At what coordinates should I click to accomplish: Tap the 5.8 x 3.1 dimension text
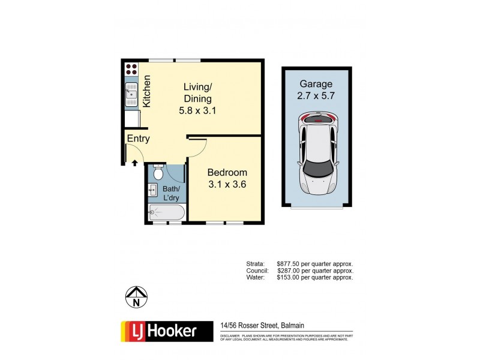point(197,110)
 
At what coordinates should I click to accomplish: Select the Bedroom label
point(227,173)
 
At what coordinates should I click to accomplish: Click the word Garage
point(316,84)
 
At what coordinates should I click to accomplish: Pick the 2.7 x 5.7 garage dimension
point(316,95)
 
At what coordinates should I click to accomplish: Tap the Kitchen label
point(146,91)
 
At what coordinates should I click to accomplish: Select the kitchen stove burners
point(131,72)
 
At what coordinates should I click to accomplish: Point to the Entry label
point(138,139)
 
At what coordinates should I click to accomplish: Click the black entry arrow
point(135,162)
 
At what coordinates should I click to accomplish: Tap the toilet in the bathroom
point(158,173)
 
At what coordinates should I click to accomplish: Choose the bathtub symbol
point(166,212)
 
